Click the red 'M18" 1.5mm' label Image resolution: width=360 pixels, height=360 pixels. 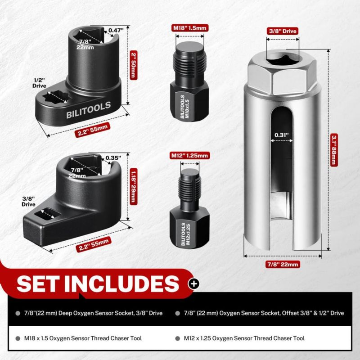190,28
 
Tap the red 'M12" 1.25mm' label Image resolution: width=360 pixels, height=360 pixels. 189,155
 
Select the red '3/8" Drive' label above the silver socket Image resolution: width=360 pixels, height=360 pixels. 283,31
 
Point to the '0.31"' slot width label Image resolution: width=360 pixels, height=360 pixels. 282,135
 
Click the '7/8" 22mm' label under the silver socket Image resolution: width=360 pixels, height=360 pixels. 283,264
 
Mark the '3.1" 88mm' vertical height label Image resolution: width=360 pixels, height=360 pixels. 334,150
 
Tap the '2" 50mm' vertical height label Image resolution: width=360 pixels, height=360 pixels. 133,65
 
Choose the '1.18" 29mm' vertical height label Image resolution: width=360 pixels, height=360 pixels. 133,186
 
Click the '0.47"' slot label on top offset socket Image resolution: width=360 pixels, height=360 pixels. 116,30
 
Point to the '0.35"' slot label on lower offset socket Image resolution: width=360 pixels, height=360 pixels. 113,158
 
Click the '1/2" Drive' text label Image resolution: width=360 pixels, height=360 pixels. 39,83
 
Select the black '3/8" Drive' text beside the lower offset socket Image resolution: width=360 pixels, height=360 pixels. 28,201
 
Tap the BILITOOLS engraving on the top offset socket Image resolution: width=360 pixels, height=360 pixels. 88,110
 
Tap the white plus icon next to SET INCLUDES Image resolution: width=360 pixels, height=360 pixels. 193,284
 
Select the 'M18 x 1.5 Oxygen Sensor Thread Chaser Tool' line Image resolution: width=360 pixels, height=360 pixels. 83,338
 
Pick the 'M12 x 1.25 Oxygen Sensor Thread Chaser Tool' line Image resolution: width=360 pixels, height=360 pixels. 244,338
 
